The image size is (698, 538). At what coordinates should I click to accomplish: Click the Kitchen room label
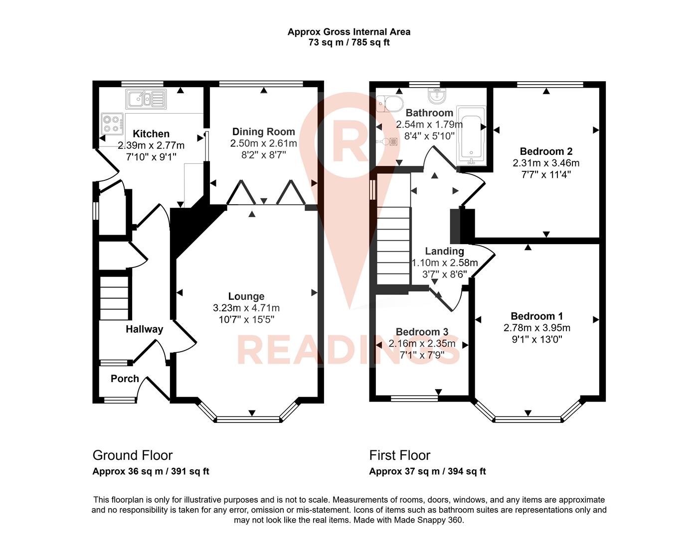coord(151,134)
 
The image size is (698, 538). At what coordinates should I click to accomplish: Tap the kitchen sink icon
coord(145,99)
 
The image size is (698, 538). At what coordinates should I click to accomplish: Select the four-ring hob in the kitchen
coord(112,123)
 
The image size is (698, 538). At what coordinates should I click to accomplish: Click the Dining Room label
coord(263,132)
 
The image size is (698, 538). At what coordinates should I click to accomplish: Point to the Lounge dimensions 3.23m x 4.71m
coord(246,308)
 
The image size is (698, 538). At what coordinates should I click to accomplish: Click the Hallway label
coord(144,329)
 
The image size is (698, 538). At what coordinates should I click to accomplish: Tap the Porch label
coord(125,379)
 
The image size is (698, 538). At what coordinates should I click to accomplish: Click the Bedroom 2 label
coord(546,151)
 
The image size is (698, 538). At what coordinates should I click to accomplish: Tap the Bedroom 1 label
coord(536,316)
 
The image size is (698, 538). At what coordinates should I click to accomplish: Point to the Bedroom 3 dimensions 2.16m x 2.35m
coord(422,344)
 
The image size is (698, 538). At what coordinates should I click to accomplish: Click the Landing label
coord(444,251)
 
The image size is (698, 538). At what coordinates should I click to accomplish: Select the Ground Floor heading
coord(133,455)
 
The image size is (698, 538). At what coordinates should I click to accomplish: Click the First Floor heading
coord(399,455)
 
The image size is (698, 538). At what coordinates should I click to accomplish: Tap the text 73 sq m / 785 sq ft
coord(349,42)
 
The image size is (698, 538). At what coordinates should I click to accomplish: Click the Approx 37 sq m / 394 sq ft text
coord(427,471)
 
